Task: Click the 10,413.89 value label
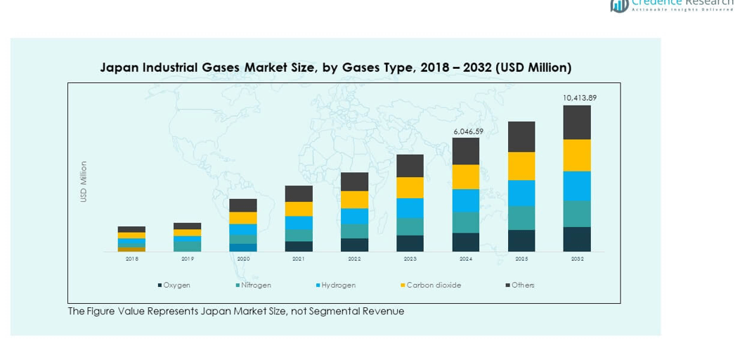pos(580,98)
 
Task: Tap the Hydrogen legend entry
pos(336,285)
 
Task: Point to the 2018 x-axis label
pos(132,259)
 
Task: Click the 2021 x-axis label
pos(299,259)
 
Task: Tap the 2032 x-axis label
pos(577,259)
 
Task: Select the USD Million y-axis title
pos(84,182)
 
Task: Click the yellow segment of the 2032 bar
pos(577,155)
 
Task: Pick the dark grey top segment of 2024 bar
pos(466,151)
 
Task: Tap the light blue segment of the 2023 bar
pos(410,208)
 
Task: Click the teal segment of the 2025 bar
pos(521,218)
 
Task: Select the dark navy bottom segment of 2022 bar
pos(354,245)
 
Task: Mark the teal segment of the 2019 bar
pos(188,246)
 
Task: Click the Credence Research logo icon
pos(619,6)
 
